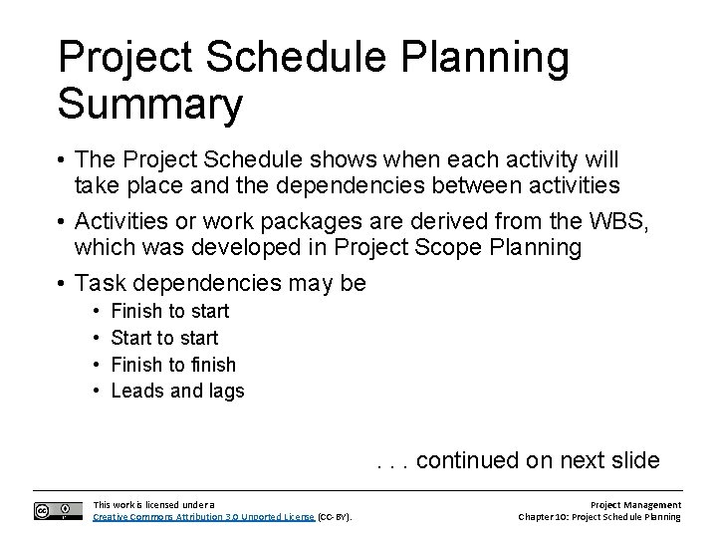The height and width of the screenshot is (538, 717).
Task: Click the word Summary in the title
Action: (149, 104)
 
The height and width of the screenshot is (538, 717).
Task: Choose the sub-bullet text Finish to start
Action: (170, 311)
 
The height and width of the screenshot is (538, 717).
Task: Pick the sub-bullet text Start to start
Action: (164, 338)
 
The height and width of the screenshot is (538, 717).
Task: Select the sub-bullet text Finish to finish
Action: (173, 365)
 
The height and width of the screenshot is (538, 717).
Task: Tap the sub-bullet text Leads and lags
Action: (177, 392)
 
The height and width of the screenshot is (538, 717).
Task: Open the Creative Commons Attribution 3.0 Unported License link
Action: (203, 517)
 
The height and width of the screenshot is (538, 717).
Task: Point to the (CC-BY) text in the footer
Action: (335, 517)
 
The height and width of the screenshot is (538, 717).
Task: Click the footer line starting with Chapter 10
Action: (599, 517)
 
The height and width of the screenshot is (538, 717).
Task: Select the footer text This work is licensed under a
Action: (152, 505)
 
